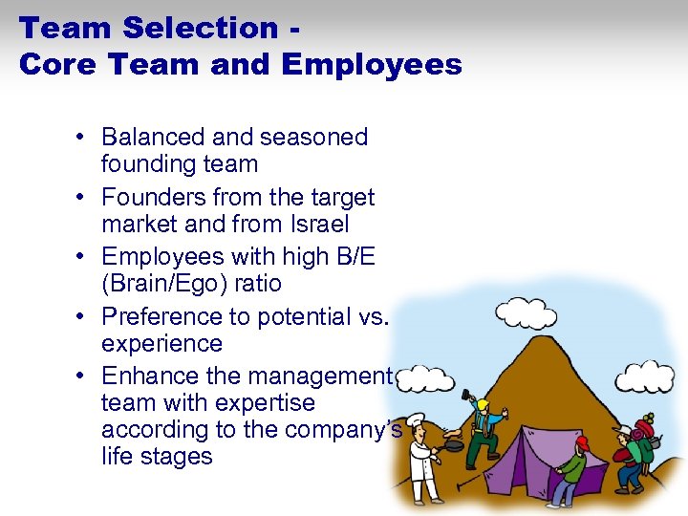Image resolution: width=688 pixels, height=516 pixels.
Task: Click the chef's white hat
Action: [x=419, y=438]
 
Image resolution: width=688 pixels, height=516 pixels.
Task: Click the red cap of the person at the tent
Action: [x=582, y=442]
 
